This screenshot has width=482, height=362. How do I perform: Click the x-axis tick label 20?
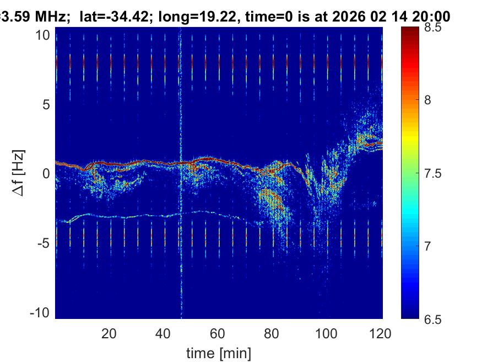109,333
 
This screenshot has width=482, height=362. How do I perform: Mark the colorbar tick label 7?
431,246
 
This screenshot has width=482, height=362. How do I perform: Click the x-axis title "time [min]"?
219,352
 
